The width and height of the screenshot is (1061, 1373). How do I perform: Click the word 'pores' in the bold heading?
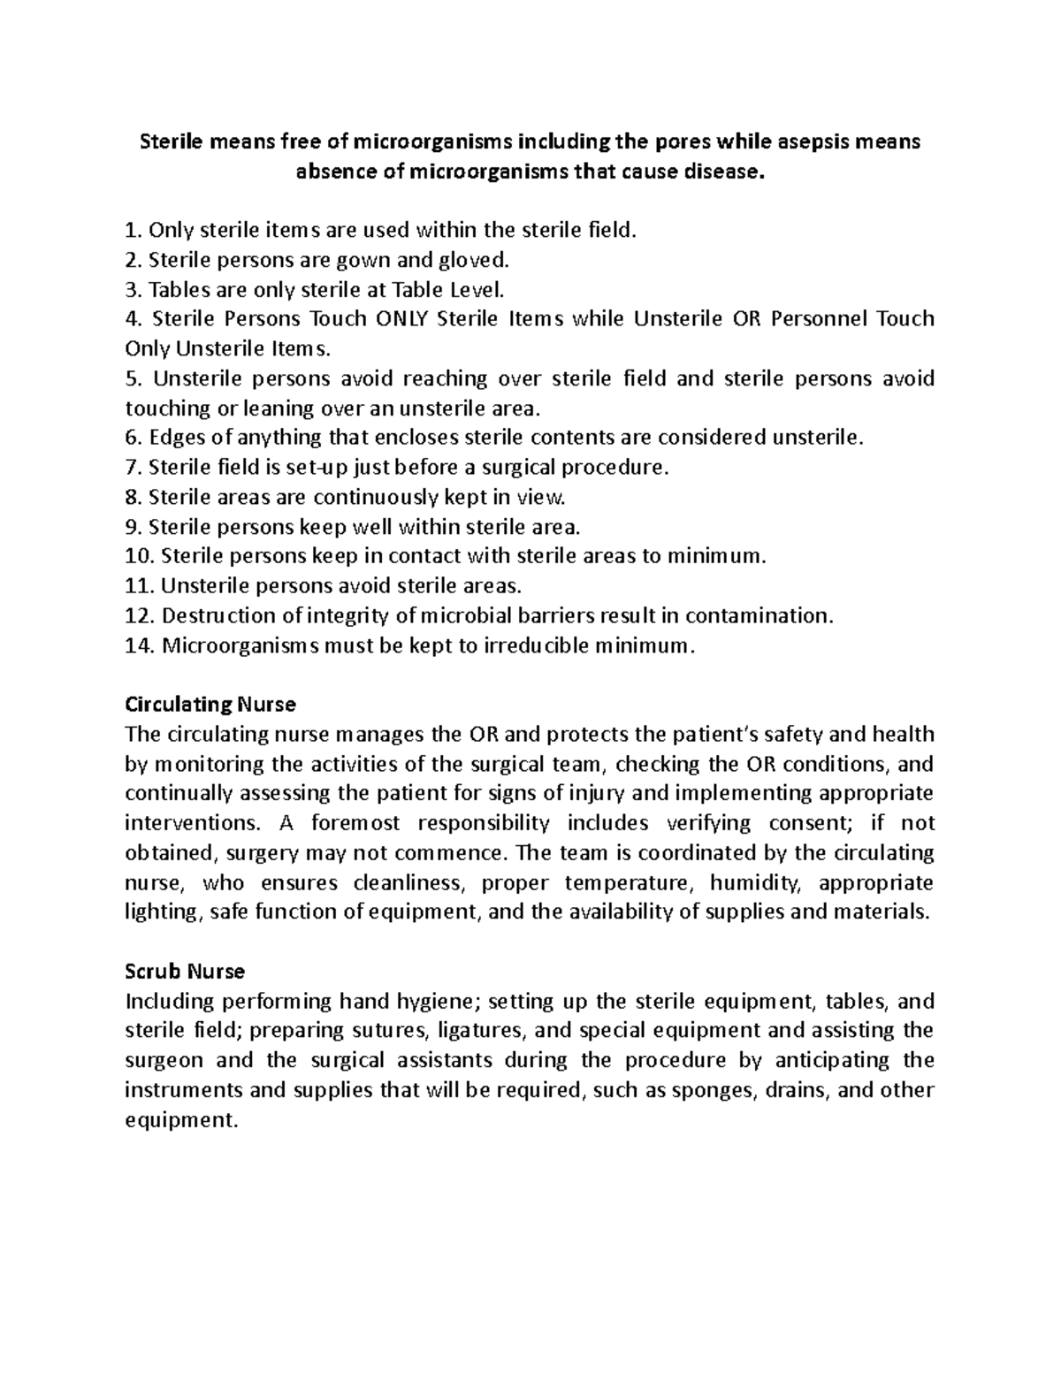[x=682, y=141]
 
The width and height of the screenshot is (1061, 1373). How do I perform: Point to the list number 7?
[x=134, y=467]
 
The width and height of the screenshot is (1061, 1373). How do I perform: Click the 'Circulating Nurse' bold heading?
[x=210, y=705]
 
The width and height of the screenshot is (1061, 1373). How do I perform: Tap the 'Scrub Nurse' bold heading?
[x=185, y=971]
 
